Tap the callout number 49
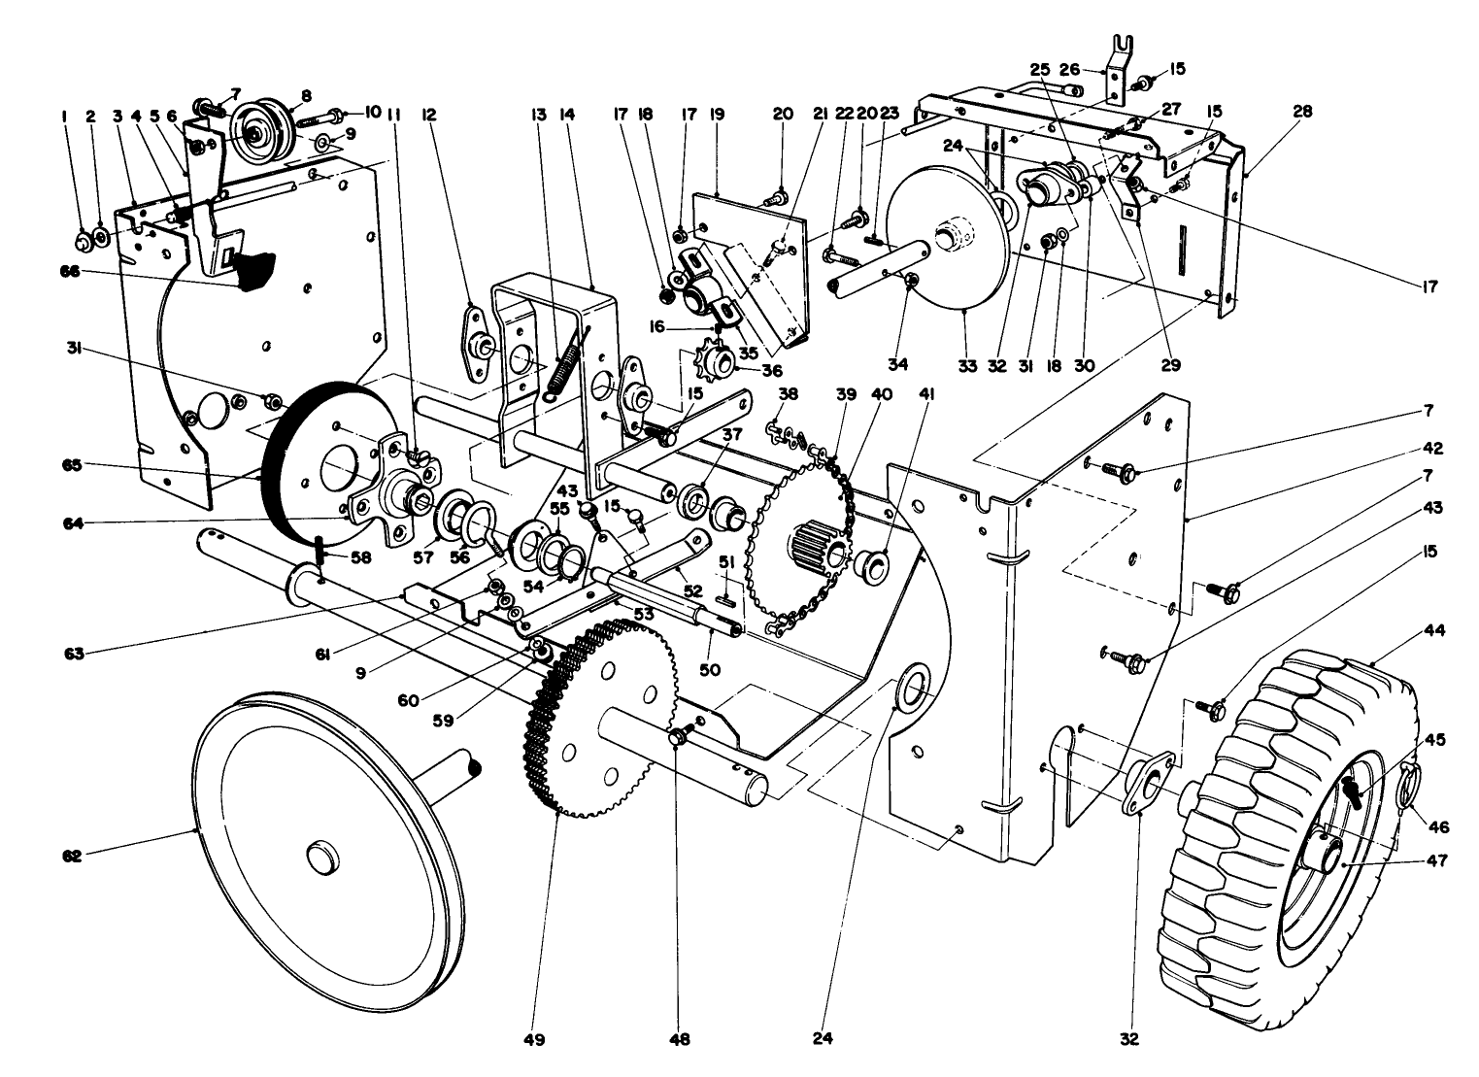point(533,1040)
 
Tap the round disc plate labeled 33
point(947,243)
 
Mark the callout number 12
point(428,114)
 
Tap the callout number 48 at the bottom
point(679,1040)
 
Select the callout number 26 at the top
point(1069,69)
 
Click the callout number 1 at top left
point(64,115)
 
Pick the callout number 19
point(718,114)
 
